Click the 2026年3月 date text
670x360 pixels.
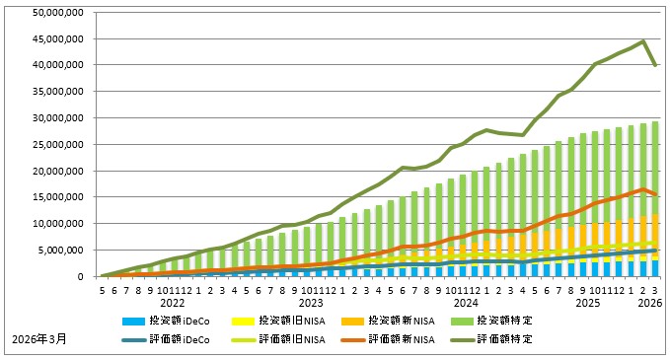[x=40, y=340]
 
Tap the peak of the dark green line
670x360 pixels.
[x=643, y=41]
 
